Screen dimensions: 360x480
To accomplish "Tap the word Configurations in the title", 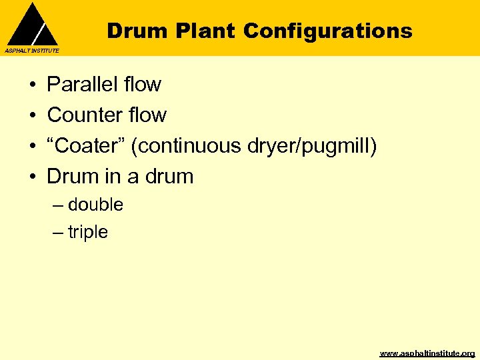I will (328, 31).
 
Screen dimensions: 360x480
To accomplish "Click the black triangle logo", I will (32, 25).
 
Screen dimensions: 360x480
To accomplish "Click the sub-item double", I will (95, 205).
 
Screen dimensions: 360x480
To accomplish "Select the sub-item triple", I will (87, 233).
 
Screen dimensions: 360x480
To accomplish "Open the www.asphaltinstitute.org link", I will (427, 353).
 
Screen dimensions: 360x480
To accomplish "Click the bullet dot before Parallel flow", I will (32, 85).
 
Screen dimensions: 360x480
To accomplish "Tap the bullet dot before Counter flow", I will (32, 116).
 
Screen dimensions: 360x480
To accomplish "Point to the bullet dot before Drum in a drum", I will (32, 177).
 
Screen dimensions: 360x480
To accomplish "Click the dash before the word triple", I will (58, 233).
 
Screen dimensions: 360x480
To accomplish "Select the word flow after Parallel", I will (143, 85).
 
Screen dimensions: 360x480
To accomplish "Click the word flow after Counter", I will (148, 115).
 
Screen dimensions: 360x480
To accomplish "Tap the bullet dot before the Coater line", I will (32, 147).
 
